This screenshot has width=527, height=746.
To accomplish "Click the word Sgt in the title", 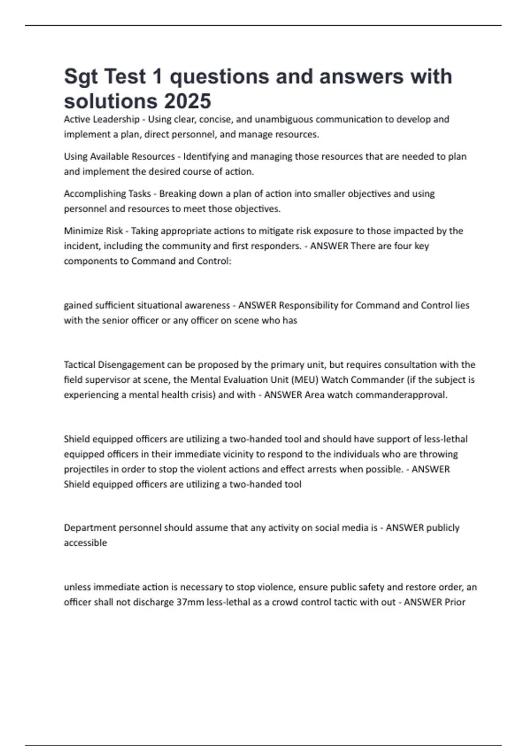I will coord(81,77).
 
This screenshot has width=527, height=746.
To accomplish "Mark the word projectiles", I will coord(86,470).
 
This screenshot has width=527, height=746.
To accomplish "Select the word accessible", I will coord(85,543).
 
